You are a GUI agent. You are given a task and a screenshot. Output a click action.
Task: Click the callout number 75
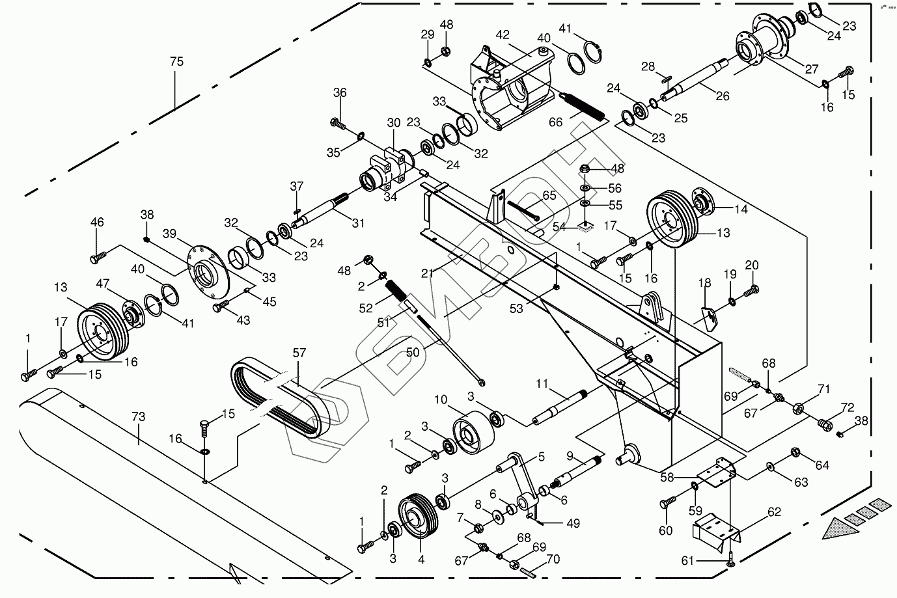click(176, 62)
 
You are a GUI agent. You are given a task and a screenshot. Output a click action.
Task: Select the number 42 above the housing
click(503, 35)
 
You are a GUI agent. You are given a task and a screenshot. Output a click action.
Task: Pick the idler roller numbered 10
click(473, 432)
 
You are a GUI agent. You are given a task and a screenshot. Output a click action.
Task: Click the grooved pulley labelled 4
click(418, 517)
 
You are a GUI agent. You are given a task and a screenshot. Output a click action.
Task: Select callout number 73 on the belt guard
click(138, 416)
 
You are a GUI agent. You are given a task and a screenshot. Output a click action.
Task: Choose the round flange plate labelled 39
click(208, 272)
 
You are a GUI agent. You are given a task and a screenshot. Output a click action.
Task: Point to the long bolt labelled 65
click(523, 211)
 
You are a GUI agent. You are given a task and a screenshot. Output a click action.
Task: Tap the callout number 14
click(741, 209)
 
